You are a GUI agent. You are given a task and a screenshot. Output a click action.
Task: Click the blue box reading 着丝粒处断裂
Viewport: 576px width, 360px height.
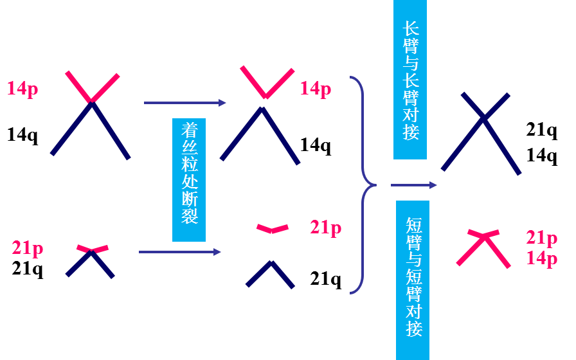[189, 179]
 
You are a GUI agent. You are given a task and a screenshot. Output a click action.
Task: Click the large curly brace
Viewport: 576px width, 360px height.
[364, 185]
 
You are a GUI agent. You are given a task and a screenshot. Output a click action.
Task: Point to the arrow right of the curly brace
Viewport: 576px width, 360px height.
[413, 185]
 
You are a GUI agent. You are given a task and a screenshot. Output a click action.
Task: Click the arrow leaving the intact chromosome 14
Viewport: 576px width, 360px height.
[184, 102]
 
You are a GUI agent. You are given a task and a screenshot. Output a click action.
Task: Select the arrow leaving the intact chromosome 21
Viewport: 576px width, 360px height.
[179, 251]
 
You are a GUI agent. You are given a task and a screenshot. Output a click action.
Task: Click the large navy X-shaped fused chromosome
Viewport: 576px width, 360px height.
[482, 132]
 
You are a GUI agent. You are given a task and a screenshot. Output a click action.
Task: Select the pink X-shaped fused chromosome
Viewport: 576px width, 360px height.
[483, 247]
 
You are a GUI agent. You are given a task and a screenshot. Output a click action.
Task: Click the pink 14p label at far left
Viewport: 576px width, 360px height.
[22, 88]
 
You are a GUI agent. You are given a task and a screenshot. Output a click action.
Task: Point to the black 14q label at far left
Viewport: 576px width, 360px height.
[22, 135]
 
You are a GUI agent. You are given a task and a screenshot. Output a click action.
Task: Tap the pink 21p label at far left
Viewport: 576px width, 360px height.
[28, 248]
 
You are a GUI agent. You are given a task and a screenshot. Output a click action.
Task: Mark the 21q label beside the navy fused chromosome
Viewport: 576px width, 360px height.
[542, 130]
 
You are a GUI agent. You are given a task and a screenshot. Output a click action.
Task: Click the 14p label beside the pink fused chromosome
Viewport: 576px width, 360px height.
[542, 258]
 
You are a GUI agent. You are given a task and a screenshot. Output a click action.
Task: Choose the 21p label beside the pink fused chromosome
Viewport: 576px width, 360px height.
[542, 238]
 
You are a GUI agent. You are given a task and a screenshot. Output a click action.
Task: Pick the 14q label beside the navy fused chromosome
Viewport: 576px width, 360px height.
[542, 156]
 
